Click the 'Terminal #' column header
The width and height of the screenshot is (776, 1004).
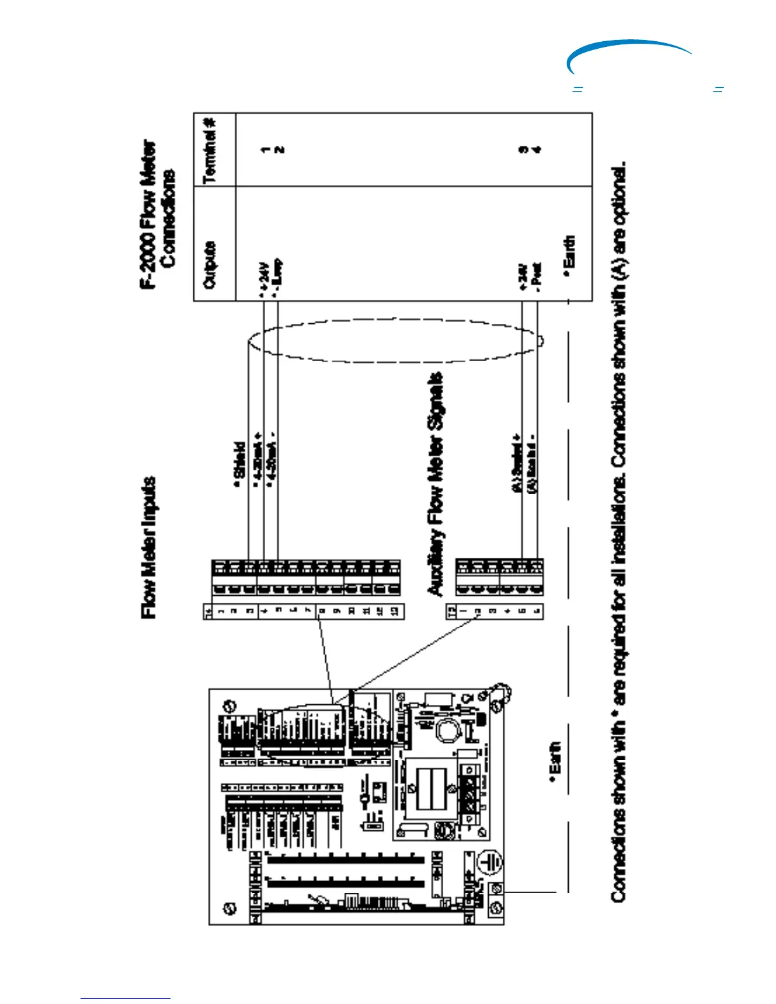(x=210, y=150)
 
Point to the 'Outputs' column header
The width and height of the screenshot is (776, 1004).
(x=209, y=264)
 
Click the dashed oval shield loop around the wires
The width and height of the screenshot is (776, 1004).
(x=393, y=340)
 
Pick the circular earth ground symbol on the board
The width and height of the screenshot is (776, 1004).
(x=489, y=863)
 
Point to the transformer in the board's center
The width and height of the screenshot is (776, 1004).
(x=422, y=789)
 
